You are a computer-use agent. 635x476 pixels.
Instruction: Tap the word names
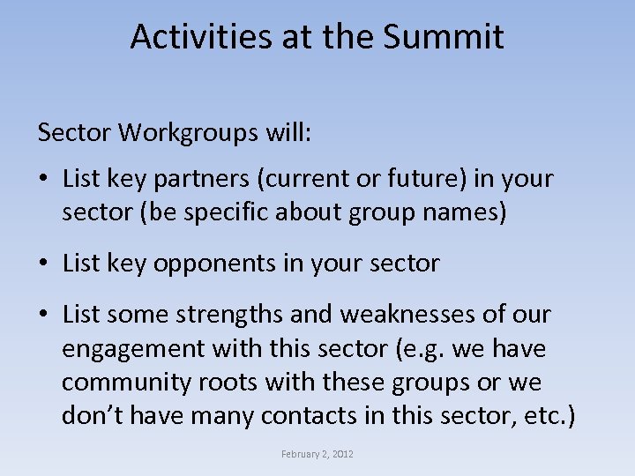click(x=468, y=213)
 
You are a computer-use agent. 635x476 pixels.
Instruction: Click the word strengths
click(x=231, y=314)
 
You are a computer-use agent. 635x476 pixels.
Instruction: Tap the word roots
click(x=241, y=383)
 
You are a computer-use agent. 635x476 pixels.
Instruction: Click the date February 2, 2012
click(x=317, y=454)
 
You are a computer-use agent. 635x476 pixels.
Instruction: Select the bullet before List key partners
click(x=43, y=180)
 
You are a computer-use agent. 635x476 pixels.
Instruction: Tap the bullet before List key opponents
click(x=43, y=263)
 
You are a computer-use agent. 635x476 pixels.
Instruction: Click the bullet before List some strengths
click(x=43, y=314)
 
